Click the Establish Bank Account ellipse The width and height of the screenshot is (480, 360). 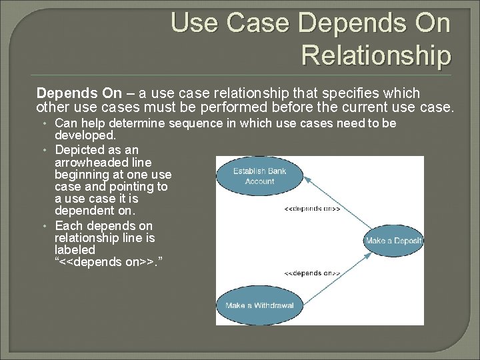(259, 176)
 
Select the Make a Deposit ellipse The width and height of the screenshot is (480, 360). (394, 241)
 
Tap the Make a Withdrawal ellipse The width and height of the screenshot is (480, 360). (259, 305)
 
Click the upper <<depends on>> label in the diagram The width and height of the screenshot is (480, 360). (312, 209)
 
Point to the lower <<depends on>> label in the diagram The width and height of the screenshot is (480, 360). (312, 273)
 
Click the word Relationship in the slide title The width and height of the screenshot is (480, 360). (376, 55)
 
